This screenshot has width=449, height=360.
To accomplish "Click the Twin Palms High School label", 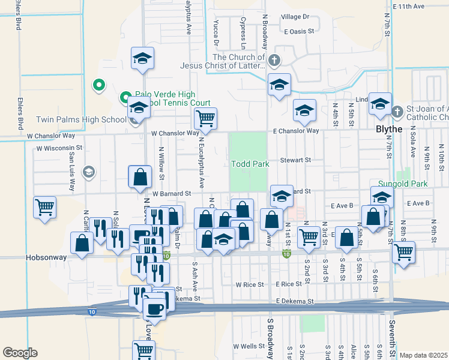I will tap(80, 119).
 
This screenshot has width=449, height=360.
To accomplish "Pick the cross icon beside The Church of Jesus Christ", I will tap(274, 61).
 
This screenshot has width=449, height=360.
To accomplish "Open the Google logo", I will tap(20, 352).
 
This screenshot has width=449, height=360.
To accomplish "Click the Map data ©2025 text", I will tap(423, 355).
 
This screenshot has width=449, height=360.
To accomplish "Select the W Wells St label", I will tap(250, 346).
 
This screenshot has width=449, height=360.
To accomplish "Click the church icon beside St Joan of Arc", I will tap(397, 112).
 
